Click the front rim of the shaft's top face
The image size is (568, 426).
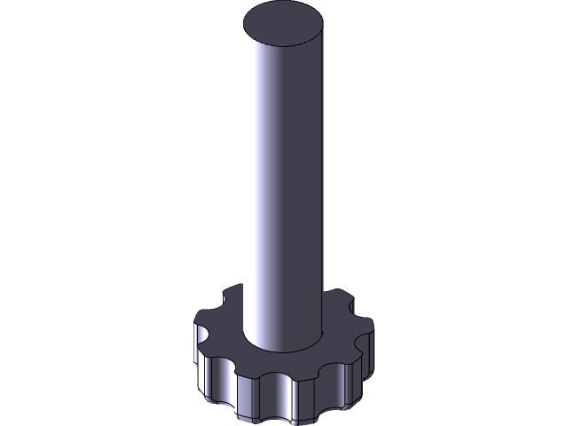281,48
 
